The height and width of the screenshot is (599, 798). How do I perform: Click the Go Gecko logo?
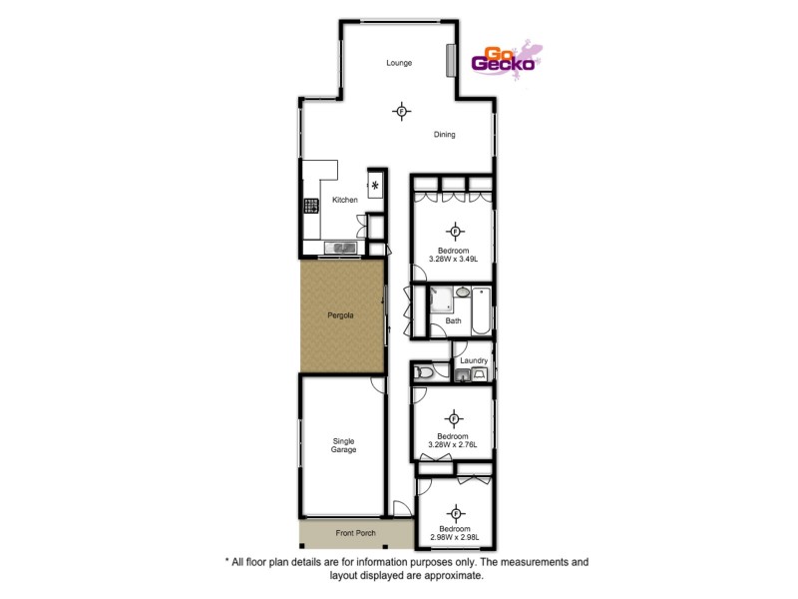click(x=509, y=60)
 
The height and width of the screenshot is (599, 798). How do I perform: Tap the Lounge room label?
click(x=400, y=63)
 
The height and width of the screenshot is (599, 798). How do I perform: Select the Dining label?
click(x=445, y=135)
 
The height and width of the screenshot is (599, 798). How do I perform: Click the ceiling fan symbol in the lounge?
click(x=401, y=111)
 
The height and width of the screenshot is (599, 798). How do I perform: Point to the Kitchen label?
click(x=345, y=200)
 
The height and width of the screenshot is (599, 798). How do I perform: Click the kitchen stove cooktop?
click(x=309, y=207)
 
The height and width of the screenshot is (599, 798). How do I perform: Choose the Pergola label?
click(x=340, y=315)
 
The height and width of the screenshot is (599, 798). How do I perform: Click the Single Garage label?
click(x=343, y=444)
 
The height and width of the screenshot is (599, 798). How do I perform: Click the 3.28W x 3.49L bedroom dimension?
click(x=454, y=259)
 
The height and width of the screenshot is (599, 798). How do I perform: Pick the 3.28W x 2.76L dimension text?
click(x=454, y=444)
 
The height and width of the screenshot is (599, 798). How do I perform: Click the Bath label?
click(x=454, y=320)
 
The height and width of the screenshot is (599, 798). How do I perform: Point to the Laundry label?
click(x=473, y=359)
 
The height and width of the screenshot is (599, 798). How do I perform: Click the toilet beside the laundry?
click(x=426, y=372)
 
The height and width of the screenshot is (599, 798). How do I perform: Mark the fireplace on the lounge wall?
click(x=452, y=60)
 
